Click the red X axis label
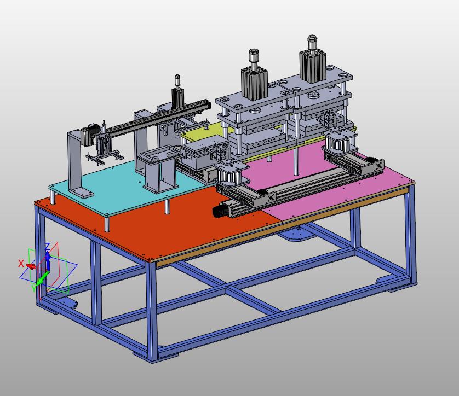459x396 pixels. pyautogui.click(x=21, y=263)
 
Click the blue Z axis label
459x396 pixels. pyautogui.click(x=47, y=246)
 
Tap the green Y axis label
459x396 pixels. pyautogui.click(x=33, y=288)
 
